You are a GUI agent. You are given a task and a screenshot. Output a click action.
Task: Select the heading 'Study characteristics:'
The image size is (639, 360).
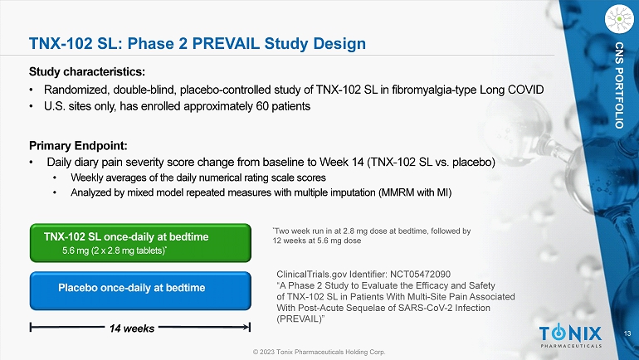point(87,72)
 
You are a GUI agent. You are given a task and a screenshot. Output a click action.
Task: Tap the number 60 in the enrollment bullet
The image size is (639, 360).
point(262,106)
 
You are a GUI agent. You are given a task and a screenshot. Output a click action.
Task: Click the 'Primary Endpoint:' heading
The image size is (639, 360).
point(78,146)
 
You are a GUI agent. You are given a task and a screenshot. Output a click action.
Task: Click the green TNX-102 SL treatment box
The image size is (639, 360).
point(140,243)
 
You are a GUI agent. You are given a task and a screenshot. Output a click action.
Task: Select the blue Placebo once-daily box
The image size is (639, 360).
point(140,291)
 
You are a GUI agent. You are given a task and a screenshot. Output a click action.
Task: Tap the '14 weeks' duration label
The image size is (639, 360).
point(132,328)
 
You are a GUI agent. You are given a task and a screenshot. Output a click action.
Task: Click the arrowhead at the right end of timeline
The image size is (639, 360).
point(248,327)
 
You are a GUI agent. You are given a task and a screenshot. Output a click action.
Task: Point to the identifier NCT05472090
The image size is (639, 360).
point(420,275)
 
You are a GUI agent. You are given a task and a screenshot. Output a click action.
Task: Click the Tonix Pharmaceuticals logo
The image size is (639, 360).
point(570,336)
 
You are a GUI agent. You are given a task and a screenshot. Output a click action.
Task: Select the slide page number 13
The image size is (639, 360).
point(627,333)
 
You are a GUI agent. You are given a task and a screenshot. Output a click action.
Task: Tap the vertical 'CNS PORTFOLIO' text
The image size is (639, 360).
point(619,85)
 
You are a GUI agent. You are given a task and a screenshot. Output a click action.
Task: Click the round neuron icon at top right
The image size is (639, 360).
point(619,19)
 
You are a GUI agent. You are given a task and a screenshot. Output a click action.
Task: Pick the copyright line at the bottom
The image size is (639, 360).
point(319,352)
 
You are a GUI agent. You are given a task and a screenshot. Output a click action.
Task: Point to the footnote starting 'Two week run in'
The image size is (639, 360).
point(372,236)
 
